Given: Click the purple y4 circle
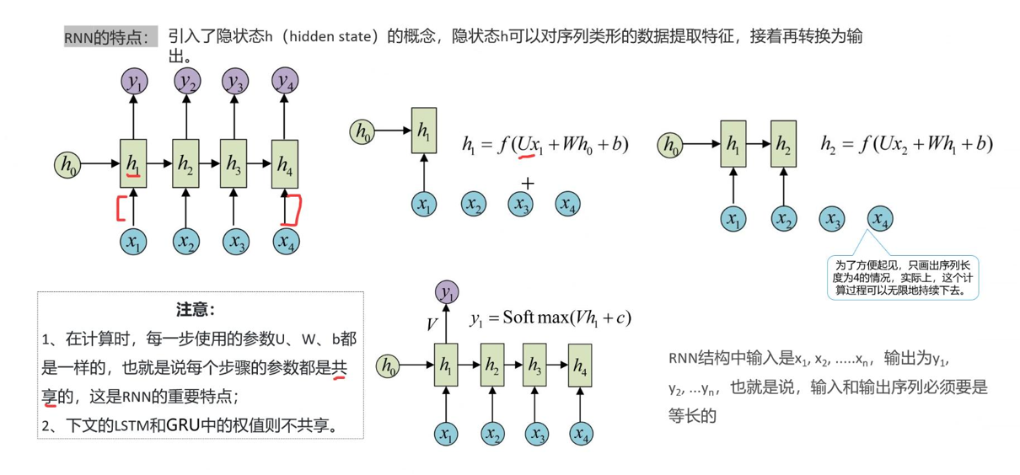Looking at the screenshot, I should pyautogui.click(x=286, y=81).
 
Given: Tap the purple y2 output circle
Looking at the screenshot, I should pyautogui.click(x=187, y=81).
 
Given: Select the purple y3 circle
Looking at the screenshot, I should pyautogui.click(x=236, y=81).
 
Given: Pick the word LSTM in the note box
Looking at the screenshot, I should pyautogui.click(x=129, y=425).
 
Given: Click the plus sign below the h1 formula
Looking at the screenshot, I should pyautogui.click(x=528, y=184).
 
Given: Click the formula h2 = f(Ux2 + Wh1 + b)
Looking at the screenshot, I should pyautogui.click(x=906, y=144).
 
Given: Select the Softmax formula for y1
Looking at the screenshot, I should pyautogui.click(x=550, y=318).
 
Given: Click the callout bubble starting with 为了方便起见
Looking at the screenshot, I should pyautogui.click(x=902, y=277).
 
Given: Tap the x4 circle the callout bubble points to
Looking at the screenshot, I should pyautogui.click(x=880, y=220).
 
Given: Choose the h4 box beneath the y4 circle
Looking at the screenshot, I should pyautogui.click(x=285, y=163).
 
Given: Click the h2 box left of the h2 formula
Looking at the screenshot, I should pyautogui.click(x=784, y=144).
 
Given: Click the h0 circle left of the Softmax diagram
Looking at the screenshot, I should pyautogui.click(x=388, y=366).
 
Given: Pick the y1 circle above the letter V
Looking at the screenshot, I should pyautogui.click(x=447, y=292).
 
